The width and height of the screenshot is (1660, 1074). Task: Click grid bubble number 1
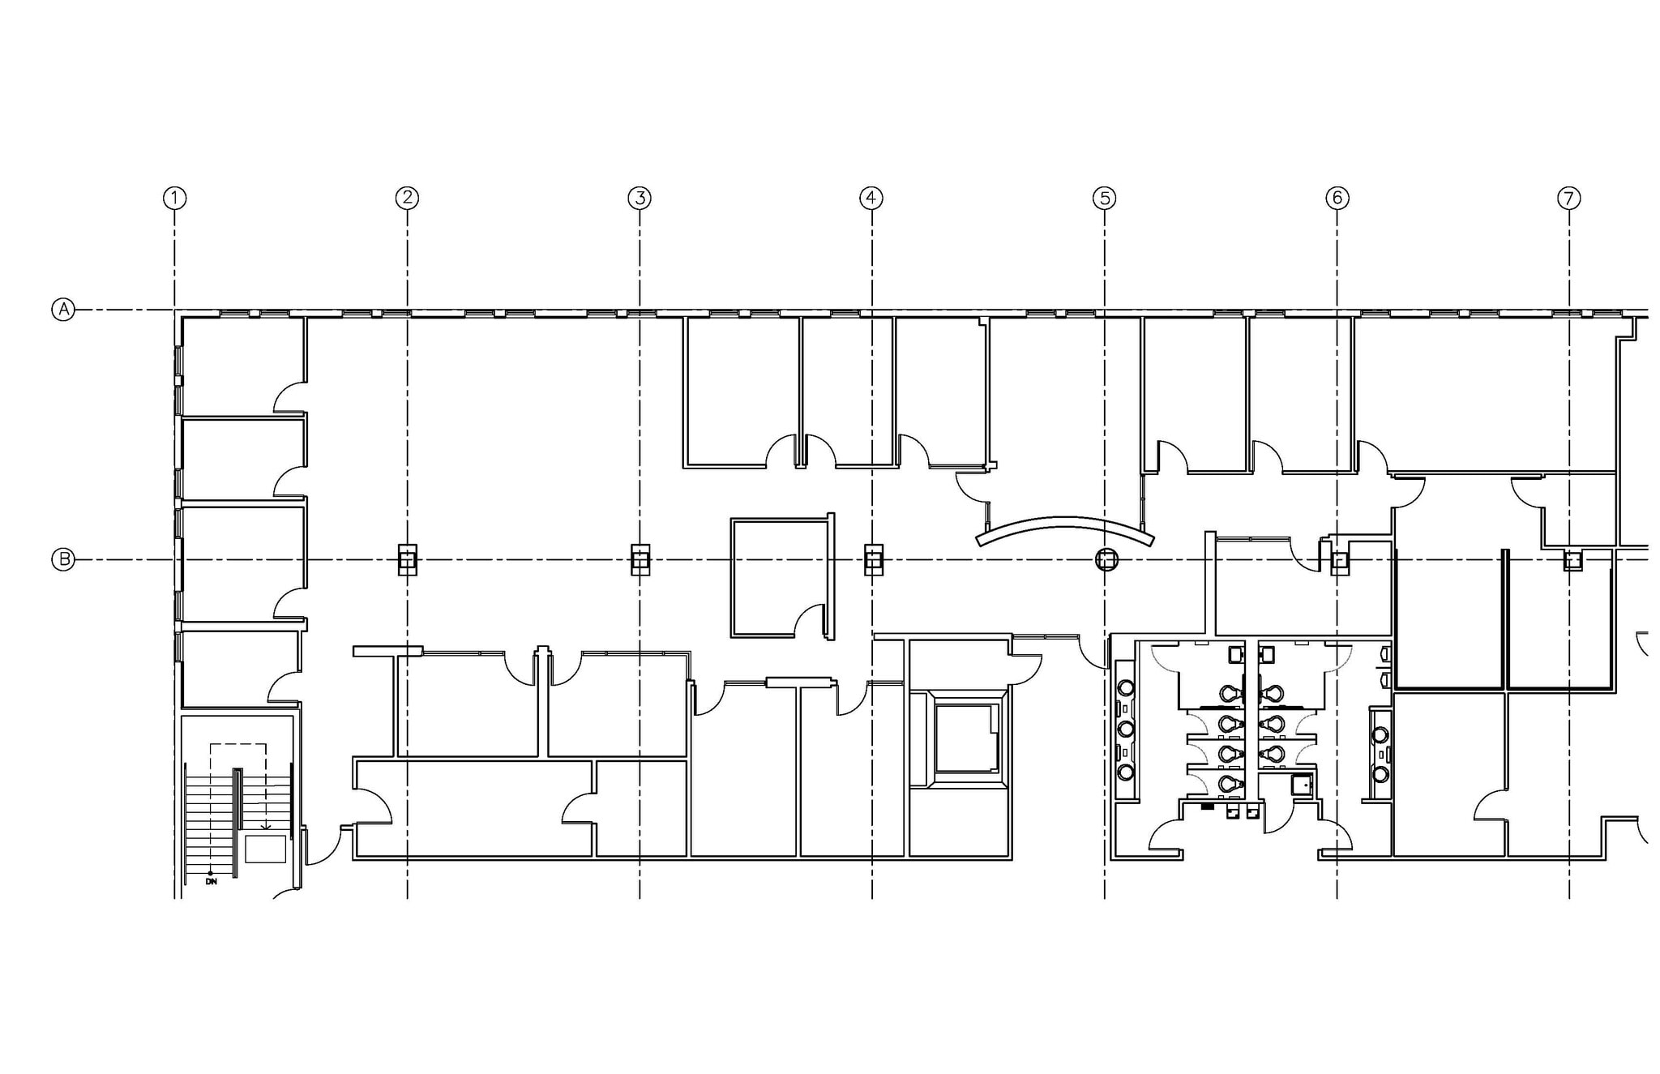pyautogui.click(x=174, y=198)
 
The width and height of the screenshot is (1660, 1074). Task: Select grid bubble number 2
pyautogui.click(x=407, y=198)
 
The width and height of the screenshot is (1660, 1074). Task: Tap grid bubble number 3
pyautogui.click(x=640, y=198)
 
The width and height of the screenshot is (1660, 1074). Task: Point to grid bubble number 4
pyautogui.click(x=871, y=198)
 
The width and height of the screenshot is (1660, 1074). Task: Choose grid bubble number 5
pyautogui.click(x=1104, y=198)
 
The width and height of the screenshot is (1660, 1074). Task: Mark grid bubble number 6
pyautogui.click(x=1337, y=198)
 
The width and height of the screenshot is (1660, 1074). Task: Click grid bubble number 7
pyautogui.click(x=1569, y=198)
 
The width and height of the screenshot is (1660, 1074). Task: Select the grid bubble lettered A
pyautogui.click(x=63, y=310)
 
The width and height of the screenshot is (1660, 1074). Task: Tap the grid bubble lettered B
pyautogui.click(x=63, y=559)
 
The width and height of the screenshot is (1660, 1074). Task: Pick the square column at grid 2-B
pyautogui.click(x=408, y=559)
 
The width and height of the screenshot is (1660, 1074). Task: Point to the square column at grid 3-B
pyautogui.click(x=640, y=559)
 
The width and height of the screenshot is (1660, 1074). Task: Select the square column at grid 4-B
pyautogui.click(x=873, y=559)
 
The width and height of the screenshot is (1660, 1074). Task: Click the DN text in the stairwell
pyautogui.click(x=212, y=881)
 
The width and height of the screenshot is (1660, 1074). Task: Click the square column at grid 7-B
pyautogui.click(x=1572, y=559)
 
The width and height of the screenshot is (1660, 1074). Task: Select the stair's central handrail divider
pyautogui.click(x=237, y=821)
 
